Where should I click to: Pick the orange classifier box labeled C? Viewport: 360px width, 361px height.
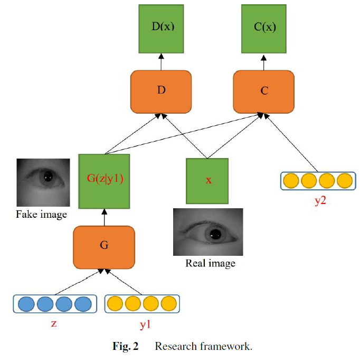pyautogui.click(x=264, y=90)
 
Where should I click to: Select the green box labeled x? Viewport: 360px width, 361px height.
pyautogui.click(x=209, y=180)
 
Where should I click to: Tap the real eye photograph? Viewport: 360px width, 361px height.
pyautogui.click(x=209, y=232)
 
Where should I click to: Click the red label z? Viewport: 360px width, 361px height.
pyautogui.click(x=53, y=323)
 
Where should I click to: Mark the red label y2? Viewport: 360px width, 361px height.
pyautogui.click(x=316, y=199)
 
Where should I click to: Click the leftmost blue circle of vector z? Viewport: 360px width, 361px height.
pyautogui.click(x=26, y=304)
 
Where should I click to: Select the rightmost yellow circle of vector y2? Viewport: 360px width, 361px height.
pyautogui.click(x=344, y=181)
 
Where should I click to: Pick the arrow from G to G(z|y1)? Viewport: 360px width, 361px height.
pyautogui.click(x=104, y=216)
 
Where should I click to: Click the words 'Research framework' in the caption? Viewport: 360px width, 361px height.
pyautogui.click(x=203, y=347)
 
